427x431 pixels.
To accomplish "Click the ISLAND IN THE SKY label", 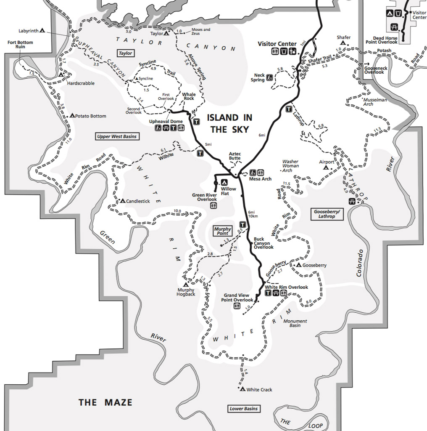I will coord(229,123).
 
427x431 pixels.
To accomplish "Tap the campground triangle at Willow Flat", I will coord(224,182).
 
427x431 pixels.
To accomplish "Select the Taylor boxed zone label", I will coord(125,53).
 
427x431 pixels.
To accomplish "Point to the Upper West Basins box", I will coord(117,136).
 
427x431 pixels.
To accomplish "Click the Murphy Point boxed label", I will coord(223,231).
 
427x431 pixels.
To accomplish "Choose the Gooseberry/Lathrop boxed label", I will coord(327,214).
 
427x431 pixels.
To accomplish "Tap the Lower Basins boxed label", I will coord(244,408).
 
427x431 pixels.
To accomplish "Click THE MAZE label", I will coord(105,403).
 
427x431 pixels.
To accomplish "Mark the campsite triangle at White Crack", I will coord(242,389).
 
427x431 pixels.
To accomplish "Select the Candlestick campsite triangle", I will coord(122,201).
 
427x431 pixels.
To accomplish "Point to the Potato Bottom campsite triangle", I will coord(72,115).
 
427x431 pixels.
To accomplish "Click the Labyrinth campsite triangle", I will coord(42,31).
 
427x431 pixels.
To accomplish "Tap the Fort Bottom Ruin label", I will coord(20,45).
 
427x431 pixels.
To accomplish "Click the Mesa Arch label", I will coord(260,179).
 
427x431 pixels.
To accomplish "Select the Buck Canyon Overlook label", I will coord(264,243).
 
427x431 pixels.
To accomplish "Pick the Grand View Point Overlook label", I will coord(238,298).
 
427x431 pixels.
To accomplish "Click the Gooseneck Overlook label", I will coord(374,70).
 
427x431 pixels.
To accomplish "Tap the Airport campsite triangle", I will coord(326,168).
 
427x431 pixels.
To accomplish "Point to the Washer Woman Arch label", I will coord(290,166).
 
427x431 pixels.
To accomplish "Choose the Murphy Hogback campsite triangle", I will coord(185,285).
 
